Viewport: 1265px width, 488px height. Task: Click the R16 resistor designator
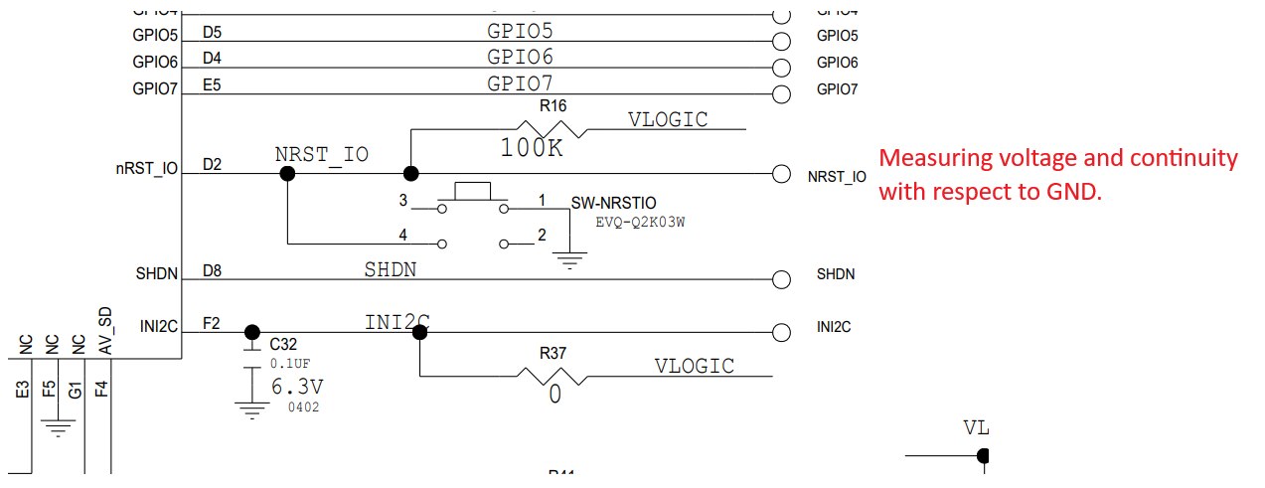click(x=553, y=105)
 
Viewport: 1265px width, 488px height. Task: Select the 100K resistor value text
click(x=532, y=148)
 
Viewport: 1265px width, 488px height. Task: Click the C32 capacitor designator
click(x=283, y=345)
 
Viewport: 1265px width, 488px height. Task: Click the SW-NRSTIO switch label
click(x=612, y=203)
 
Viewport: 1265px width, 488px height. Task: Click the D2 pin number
click(x=212, y=165)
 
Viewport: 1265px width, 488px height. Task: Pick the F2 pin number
click(x=212, y=323)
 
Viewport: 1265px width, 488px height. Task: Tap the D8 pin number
click(x=212, y=270)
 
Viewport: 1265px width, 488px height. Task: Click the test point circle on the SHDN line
click(x=781, y=279)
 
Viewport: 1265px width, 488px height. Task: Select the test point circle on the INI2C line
click(x=781, y=331)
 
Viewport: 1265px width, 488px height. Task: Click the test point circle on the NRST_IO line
click(x=781, y=174)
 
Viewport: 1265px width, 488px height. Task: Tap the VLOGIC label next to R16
click(x=668, y=120)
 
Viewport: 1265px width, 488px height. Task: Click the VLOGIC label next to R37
click(x=695, y=366)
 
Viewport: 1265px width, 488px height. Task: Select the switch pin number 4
click(x=403, y=235)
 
